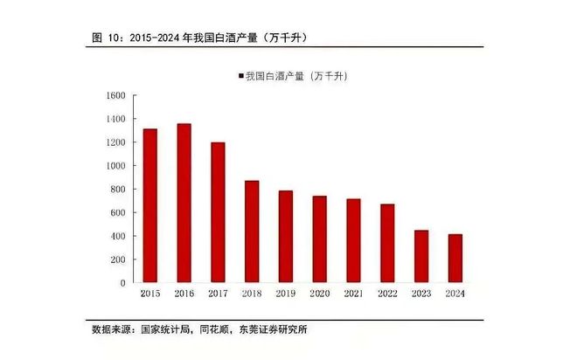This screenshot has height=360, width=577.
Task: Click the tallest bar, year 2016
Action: (184, 203)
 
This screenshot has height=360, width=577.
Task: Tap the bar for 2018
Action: (252, 232)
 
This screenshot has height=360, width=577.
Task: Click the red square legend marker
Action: (240, 77)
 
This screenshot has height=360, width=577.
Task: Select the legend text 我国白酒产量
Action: (272, 77)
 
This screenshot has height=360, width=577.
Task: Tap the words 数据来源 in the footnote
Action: (111, 329)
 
